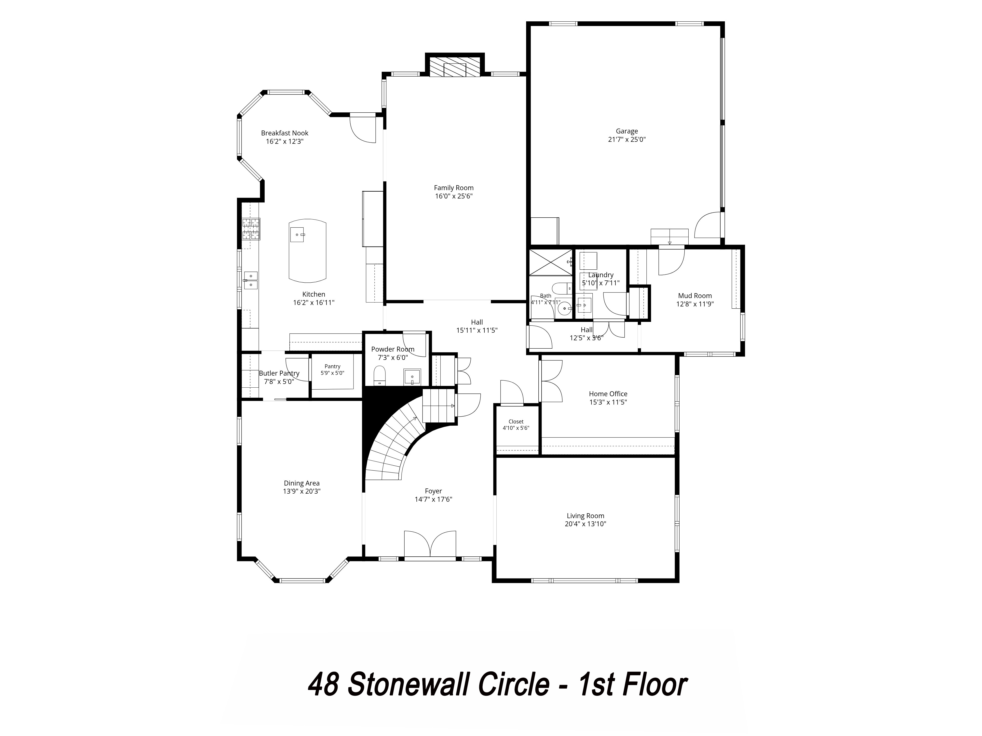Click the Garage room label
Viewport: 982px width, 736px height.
pos(627,131)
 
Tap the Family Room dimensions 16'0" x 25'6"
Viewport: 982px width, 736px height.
pos(454,196)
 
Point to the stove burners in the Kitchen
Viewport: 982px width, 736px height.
pos(251,229)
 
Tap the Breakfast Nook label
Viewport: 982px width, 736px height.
pos(285,133)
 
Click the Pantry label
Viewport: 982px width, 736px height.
pos(332,367)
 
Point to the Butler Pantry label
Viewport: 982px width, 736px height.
pos(279,374)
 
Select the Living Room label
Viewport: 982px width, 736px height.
pos(586,516)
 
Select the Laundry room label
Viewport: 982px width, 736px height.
pos(601,275)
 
